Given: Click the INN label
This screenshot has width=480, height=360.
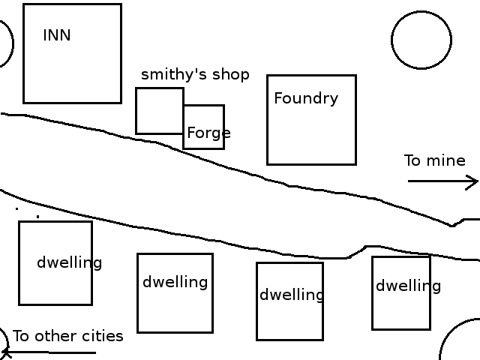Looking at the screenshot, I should coord(57,35).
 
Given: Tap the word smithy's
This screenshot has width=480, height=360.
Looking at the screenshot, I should coord(166,75).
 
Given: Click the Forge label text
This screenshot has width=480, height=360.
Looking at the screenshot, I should coord(208,133).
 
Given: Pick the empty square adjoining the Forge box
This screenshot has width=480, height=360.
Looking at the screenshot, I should coord(159,111).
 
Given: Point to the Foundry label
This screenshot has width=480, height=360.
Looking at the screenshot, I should coord(306,98).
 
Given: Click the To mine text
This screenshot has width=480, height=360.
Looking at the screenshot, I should coord(435,160).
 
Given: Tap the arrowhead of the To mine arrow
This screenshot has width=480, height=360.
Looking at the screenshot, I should coord(474,181).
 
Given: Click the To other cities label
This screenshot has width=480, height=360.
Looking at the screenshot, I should coord(68,336).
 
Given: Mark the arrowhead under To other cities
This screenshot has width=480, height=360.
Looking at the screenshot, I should coord(5,352).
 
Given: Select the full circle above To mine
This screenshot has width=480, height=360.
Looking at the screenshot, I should coord(421,40).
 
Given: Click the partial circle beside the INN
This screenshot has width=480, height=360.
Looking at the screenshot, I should coord(4,43).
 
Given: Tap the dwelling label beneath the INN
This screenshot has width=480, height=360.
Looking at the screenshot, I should coord(69,263).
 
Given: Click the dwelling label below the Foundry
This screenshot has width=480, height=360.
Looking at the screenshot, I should coord(292,295).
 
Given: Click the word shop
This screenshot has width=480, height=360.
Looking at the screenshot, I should coord(232,75).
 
